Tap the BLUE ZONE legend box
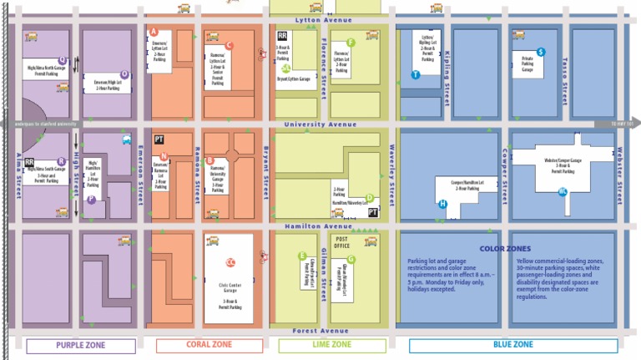click(x=512, y=345)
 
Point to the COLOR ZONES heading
click(x=505, y=248)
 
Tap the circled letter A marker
click(x=153, y=32)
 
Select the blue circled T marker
click(x=415, y=74)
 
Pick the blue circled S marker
click(x=542, y=52)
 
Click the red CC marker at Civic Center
click(x=231, y=261)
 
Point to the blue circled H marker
click(x=442, y=204)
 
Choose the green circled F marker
click(x=351, y=43)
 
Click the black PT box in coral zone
click(x=159, y=139)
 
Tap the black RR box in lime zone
click(x=282, y=36)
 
